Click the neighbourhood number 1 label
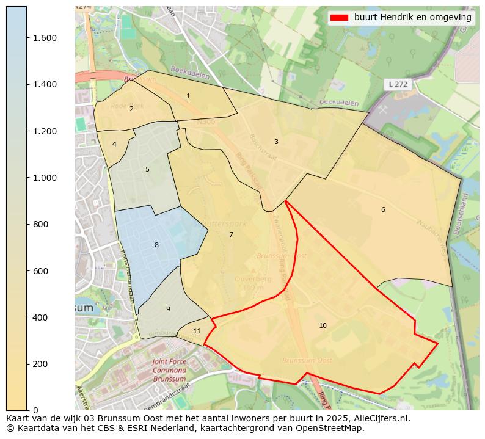[188, 96]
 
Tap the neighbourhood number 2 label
[131, 109]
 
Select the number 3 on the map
[276, 142]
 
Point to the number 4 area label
[114, 145]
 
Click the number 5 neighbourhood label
[147, 169]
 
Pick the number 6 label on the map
[383, 209]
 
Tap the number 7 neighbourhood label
[231, 234]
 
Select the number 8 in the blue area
[156, 245]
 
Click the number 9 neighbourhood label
[168, 309]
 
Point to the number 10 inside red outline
[323, 325]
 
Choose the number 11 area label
[197, 331]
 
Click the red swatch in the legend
[339, 18]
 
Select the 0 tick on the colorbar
[36, 410]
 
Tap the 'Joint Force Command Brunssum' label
[169, 371]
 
